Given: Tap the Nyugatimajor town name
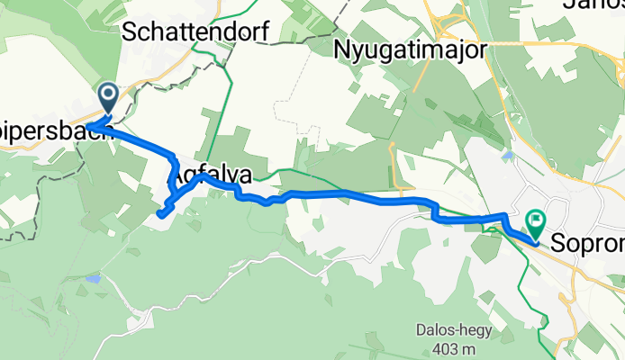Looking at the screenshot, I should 411,49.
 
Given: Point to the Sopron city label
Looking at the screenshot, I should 587,243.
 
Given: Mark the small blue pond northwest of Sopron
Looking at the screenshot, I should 509,156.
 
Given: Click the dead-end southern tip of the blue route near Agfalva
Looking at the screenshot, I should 160,214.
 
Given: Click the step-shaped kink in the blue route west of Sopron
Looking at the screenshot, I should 434,211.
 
